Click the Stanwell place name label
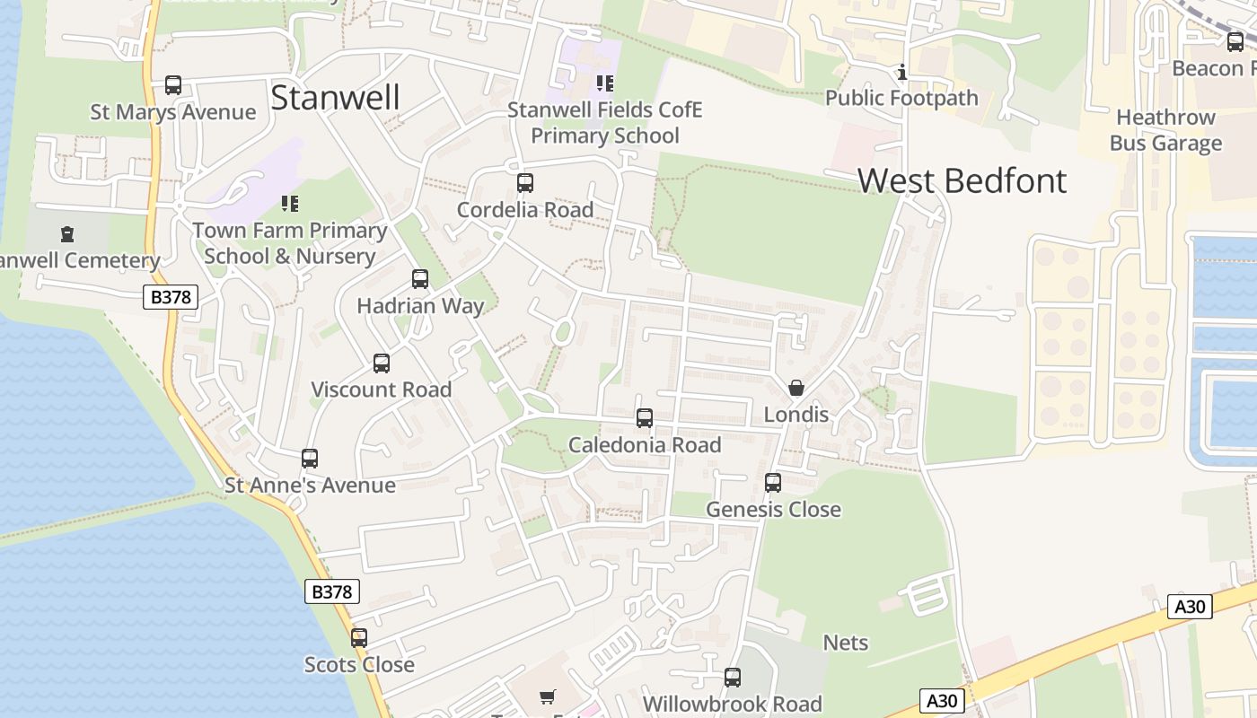pyautogui.click(x=335, y=97)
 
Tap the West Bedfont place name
pyautogui.click(x=962, y=180)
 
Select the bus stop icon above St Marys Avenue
pyautogui.click(x=173, y=85)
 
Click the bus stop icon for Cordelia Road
pyautogui.click(x=525, y=183)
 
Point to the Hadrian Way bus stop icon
pyautogui.click(x=420, y=279)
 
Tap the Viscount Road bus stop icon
pyautogui.click(x=382, y=363)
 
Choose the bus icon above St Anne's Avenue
pyautogui.click(x=310, y=459)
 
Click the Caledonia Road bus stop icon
pyautogui.click(x=645, y=418)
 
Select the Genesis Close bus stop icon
pyautogui.click(x=773, y=483)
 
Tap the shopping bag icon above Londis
pyautogui.click(x=796, y=388)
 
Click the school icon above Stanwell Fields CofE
pyautogui.click(x=605, y=83)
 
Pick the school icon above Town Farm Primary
pyautogui.click(x=289, y=204)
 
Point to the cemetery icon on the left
pyautogui.click(x=67, y=234)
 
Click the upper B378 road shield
pyautogui.click(x=170, y=297)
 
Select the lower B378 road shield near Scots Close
pyautogui.click(x=332, y=591)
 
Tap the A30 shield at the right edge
pyautogui.click(x=1190, y=607)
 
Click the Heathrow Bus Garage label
pyautogui.click(x=1165, y=130)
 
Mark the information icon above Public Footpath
pyautogui.click(x=902, y=72)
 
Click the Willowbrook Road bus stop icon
pyautogui.click(x=733, y=678)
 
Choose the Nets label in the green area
pyautogui.click(x=845, y=643)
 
